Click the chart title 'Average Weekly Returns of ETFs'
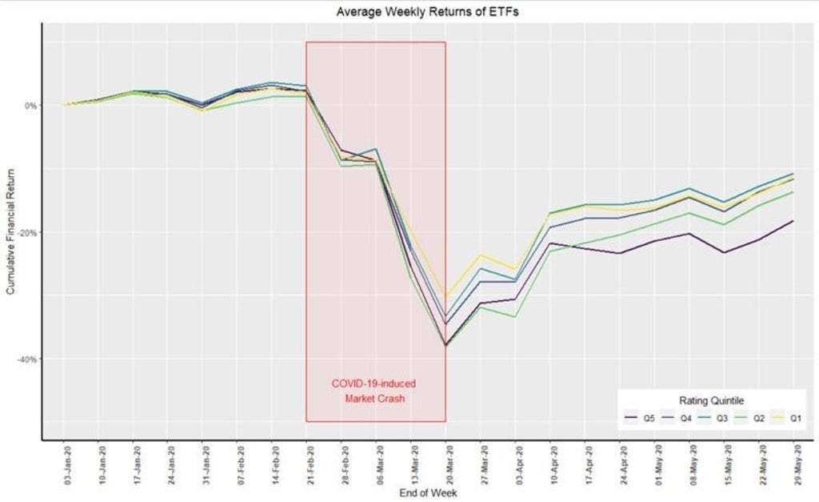409,11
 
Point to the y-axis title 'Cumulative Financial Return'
10,232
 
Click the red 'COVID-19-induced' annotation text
376,384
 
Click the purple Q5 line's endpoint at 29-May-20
793,221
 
